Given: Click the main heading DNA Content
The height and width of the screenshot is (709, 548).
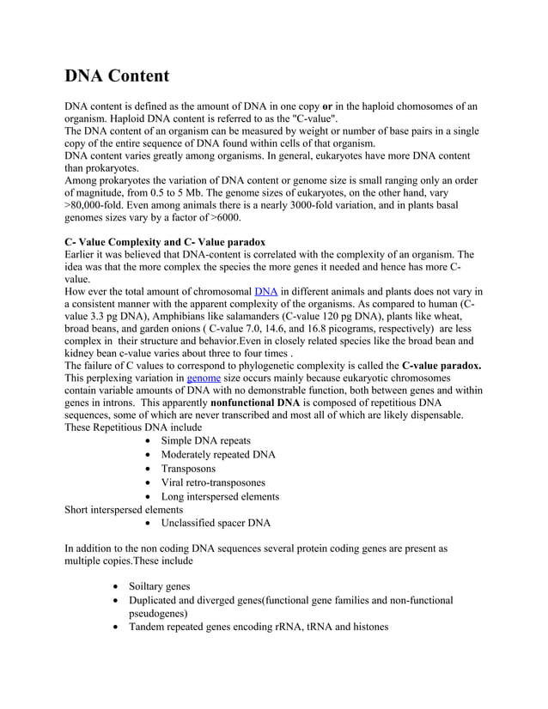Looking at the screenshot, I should pos(118,76).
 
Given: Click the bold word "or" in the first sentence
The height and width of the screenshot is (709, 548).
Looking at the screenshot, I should pos(327,106).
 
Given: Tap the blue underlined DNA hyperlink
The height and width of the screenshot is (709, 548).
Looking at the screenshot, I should pos(265,291).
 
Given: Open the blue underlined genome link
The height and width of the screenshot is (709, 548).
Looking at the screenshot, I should pos(204,378).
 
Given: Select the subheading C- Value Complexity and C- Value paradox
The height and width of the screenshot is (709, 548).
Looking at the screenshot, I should pos(165,241).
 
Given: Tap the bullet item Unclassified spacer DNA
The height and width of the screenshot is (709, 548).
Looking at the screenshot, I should pos(216,522).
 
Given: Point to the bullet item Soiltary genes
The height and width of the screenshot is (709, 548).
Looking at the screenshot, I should pos(159,586).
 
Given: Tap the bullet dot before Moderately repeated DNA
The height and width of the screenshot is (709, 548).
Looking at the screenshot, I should pos(151,455).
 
